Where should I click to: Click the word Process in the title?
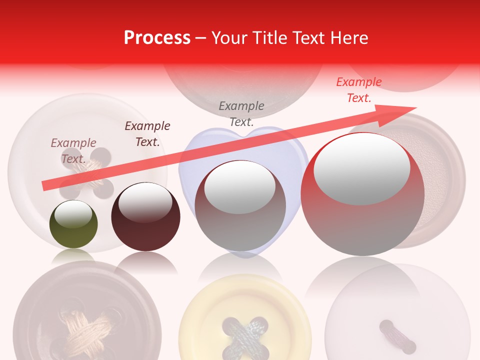(x=157, y=38)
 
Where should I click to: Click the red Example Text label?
(x=358, y=90)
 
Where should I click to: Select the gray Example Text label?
(x=241, y=113)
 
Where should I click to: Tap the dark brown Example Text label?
(x=147, y=134)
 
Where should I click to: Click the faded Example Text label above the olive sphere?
(x=73, y=151)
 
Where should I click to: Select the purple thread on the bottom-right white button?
(x=397, y=336)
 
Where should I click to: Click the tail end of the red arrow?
(x=46, y=185)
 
